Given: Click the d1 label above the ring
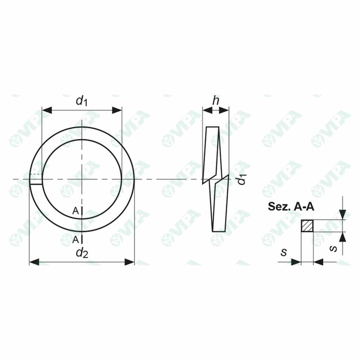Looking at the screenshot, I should pos(82,101).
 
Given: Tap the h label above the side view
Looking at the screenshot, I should pos(216,101).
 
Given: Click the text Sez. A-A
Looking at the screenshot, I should pos(291,206).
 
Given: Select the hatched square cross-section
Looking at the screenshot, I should pos(307,226).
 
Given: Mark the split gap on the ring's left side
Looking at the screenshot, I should pos(36,179).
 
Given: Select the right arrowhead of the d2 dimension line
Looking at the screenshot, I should pos(130,262).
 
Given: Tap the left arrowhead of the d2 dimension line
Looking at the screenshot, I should pos(34,262).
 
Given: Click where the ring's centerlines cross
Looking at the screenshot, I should pos(82,179).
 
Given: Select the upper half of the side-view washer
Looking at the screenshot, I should pos(212,153).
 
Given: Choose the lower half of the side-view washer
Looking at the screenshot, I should pos(218,206).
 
